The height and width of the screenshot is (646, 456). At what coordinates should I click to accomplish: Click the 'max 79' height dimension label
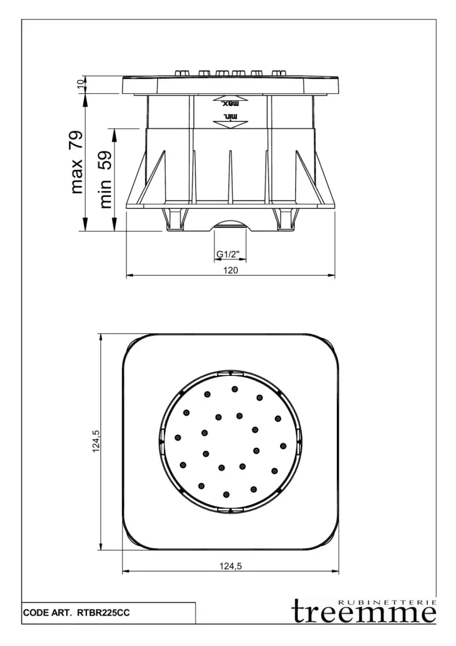click(x=77, y=162)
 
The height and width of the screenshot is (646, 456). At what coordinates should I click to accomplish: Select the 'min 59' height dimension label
click(x=106, y=179)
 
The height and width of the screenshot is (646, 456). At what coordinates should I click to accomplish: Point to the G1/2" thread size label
click(x=228, y=255)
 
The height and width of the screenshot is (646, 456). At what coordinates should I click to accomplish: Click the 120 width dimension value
click(x=231, y=270)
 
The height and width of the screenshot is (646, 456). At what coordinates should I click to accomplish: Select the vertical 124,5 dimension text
click(x=96, y=442)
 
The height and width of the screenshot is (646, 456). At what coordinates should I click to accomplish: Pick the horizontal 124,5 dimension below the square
click(x=230, y=566)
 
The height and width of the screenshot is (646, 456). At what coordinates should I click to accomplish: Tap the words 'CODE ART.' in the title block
click(x=47, y=613)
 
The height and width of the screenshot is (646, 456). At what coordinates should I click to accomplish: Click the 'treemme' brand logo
click(x=364, y=613)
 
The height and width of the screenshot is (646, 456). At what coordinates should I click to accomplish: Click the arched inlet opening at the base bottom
click(x=230, y=225)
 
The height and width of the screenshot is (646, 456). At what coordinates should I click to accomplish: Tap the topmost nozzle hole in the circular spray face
click(x=235, y=389)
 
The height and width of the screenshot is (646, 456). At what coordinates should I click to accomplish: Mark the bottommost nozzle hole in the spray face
click(x=226, y=494)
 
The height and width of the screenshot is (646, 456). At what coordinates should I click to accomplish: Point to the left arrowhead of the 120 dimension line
click(x=129, y=275)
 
